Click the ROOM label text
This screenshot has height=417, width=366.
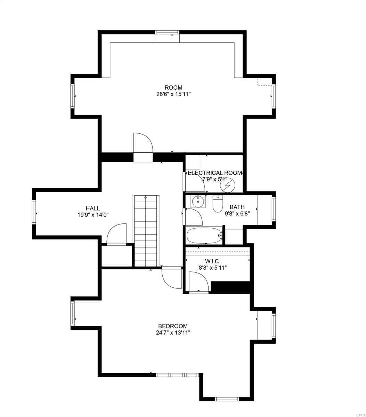tap(173, 88)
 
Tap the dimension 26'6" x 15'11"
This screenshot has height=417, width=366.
tap(173, 94)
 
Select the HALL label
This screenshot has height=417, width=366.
tap(93, 208)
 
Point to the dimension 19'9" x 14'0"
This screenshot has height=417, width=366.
tap(93, 215)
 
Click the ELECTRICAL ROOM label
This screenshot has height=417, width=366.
tap(214, 173)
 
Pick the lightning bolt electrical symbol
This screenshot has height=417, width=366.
tap(228, 187)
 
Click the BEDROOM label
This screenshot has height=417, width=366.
tap(173, 326)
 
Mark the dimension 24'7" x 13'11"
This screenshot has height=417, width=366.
tap(173, 333)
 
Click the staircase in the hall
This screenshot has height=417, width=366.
tap(146, 231)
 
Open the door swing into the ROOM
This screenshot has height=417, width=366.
tap(143, 143)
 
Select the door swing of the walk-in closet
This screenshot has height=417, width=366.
tap(198, 281)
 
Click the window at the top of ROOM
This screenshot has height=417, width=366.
tap(167, 33)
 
